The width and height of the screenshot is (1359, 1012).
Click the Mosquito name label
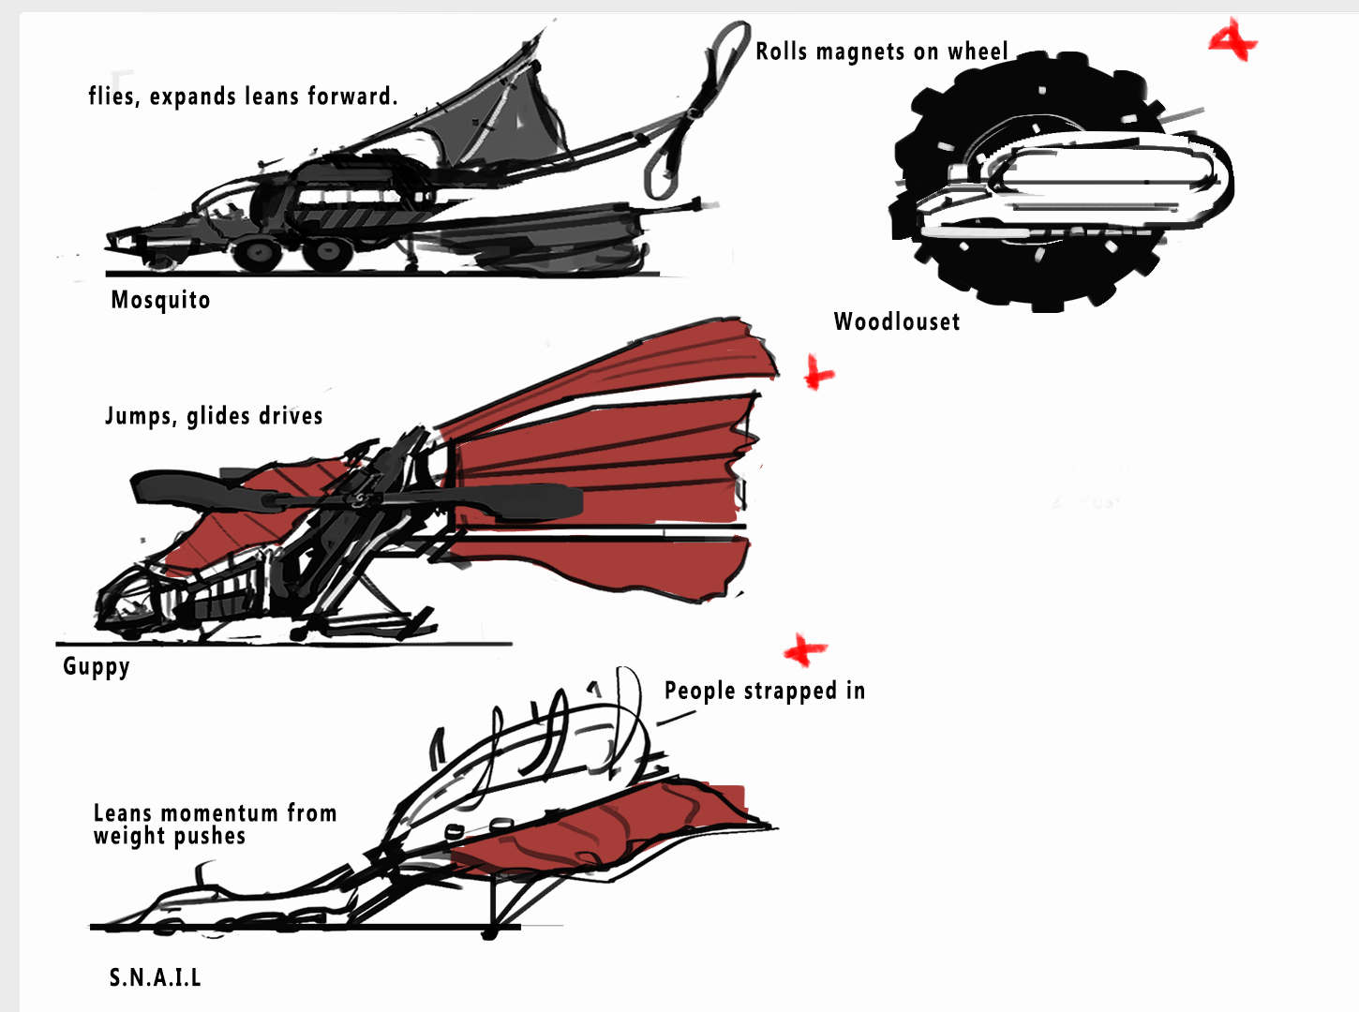click(160, 300)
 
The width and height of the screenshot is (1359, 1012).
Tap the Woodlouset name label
click(897, 321)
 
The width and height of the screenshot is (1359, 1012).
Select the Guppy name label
click(96, 666)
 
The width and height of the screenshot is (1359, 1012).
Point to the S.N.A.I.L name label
click(155, 977)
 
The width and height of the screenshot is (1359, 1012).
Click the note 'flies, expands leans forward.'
click(243, 97)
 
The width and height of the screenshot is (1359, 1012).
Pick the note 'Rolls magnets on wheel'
click(881, 52)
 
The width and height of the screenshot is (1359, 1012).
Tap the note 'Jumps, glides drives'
click(214, 416)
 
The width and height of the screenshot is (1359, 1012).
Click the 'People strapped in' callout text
click(764, 691)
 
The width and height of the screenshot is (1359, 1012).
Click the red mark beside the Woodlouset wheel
click(1232, 41)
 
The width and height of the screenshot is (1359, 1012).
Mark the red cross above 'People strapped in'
click(804, 649)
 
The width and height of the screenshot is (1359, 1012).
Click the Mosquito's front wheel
click(255, 253)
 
